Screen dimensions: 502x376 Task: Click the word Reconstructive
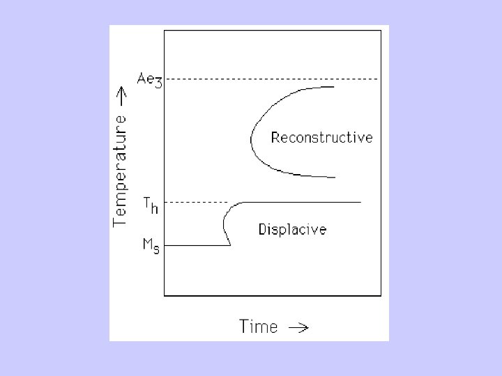click(x=321, y=137)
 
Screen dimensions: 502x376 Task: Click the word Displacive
click(x=292, y=228)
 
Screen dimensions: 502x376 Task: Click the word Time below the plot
click(x=258, y=325)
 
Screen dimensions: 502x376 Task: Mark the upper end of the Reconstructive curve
click(x=333, y=86)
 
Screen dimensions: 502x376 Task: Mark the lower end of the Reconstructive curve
click(x=335, y=177)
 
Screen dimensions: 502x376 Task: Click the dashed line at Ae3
click(x=272, y=79)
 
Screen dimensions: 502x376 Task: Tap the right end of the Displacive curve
click(x=360, y=202)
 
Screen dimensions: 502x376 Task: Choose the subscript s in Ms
click(x=156, y=249)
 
